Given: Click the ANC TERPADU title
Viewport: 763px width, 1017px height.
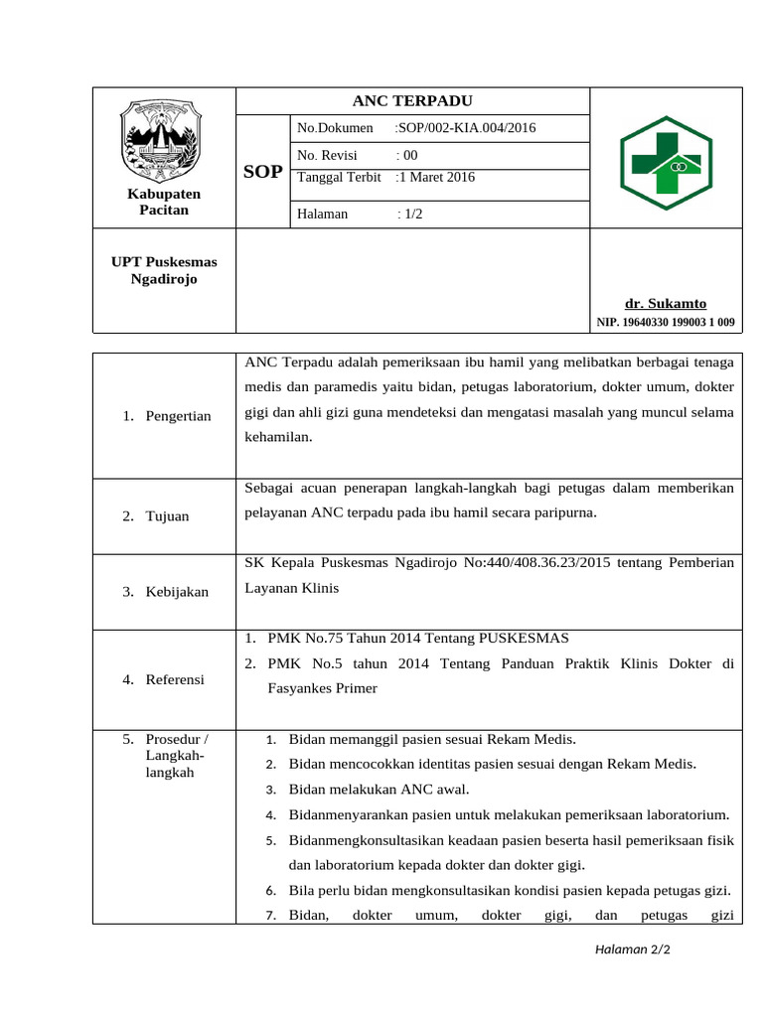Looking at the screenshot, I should [x=412, y=101].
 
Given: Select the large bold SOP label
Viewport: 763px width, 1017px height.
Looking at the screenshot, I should [x=263, y=172].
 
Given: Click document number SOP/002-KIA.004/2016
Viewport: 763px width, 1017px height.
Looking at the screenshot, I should [x=465, y=128].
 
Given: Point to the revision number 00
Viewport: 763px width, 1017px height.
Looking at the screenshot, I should [x=408, y=155].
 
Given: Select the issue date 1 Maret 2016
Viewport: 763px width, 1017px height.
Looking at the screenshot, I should [x=436, y=178].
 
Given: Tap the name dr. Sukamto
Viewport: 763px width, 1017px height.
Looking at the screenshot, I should [x=666, y=303].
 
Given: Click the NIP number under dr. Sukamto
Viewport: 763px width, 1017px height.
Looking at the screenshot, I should [x=666, y=322].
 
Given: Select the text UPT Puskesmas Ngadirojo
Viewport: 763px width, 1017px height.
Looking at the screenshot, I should [x=164, y=270].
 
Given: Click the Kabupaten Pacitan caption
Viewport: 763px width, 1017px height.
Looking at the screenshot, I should [x=164, y=202].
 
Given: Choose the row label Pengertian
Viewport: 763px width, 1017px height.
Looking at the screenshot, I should [x=178, y=416].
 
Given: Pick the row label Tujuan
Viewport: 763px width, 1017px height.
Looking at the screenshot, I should [x=167, y=516].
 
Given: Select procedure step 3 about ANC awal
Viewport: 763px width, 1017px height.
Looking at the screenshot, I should [x=379, y=790].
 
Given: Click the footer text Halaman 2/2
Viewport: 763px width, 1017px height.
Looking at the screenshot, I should [x=633, y=949].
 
